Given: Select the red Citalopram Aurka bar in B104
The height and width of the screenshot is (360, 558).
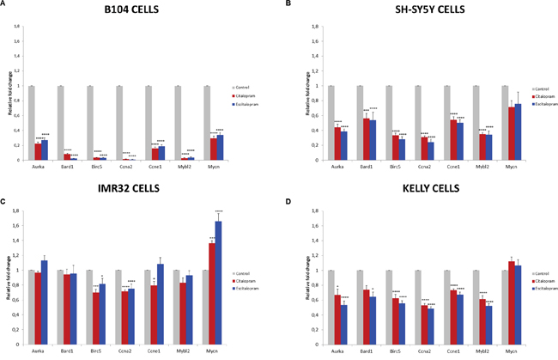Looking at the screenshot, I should pyautogui.click(x=38, y=151).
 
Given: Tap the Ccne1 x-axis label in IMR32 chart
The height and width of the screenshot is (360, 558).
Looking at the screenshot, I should pyautogui.click(x=155, y=350).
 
